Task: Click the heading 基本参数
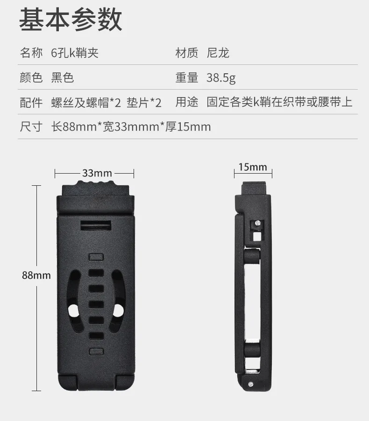pos(71,19)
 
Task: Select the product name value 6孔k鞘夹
pos(75,53)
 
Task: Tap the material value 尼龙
pos(218,53)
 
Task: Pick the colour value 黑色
pos(62,77)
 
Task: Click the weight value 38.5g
pos(221,78)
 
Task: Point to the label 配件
pos(31,102)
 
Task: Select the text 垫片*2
pos(144,103)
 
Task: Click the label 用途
pos(187,102)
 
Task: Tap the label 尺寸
pos(31,127)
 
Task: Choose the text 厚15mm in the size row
pos(188,127)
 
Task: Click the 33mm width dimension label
pos(97,173)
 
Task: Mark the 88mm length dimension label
pos(36,275)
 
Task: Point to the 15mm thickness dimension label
pos(253,167)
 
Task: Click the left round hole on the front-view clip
pos(73,311)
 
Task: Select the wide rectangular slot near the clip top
pos(96,225)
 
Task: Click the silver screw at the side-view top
pos(257,223)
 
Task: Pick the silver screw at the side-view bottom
pos(250,384)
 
